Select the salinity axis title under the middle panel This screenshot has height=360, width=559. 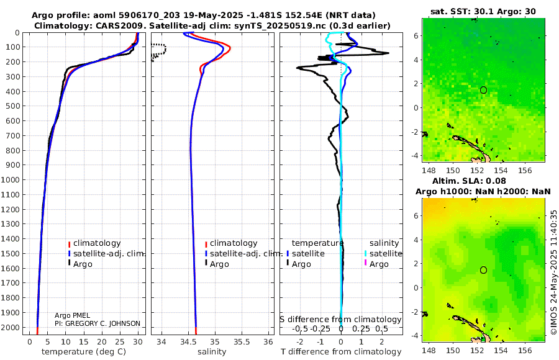(x=211, y=352)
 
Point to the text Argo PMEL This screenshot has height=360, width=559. (x=73, y=315)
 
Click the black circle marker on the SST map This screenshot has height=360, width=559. (x=483, y=90)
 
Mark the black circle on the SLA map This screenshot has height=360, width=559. (x=483, y=270)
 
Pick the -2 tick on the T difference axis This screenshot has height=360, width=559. (x=301, y=341)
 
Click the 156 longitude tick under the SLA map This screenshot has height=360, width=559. (x=523, y=349)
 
